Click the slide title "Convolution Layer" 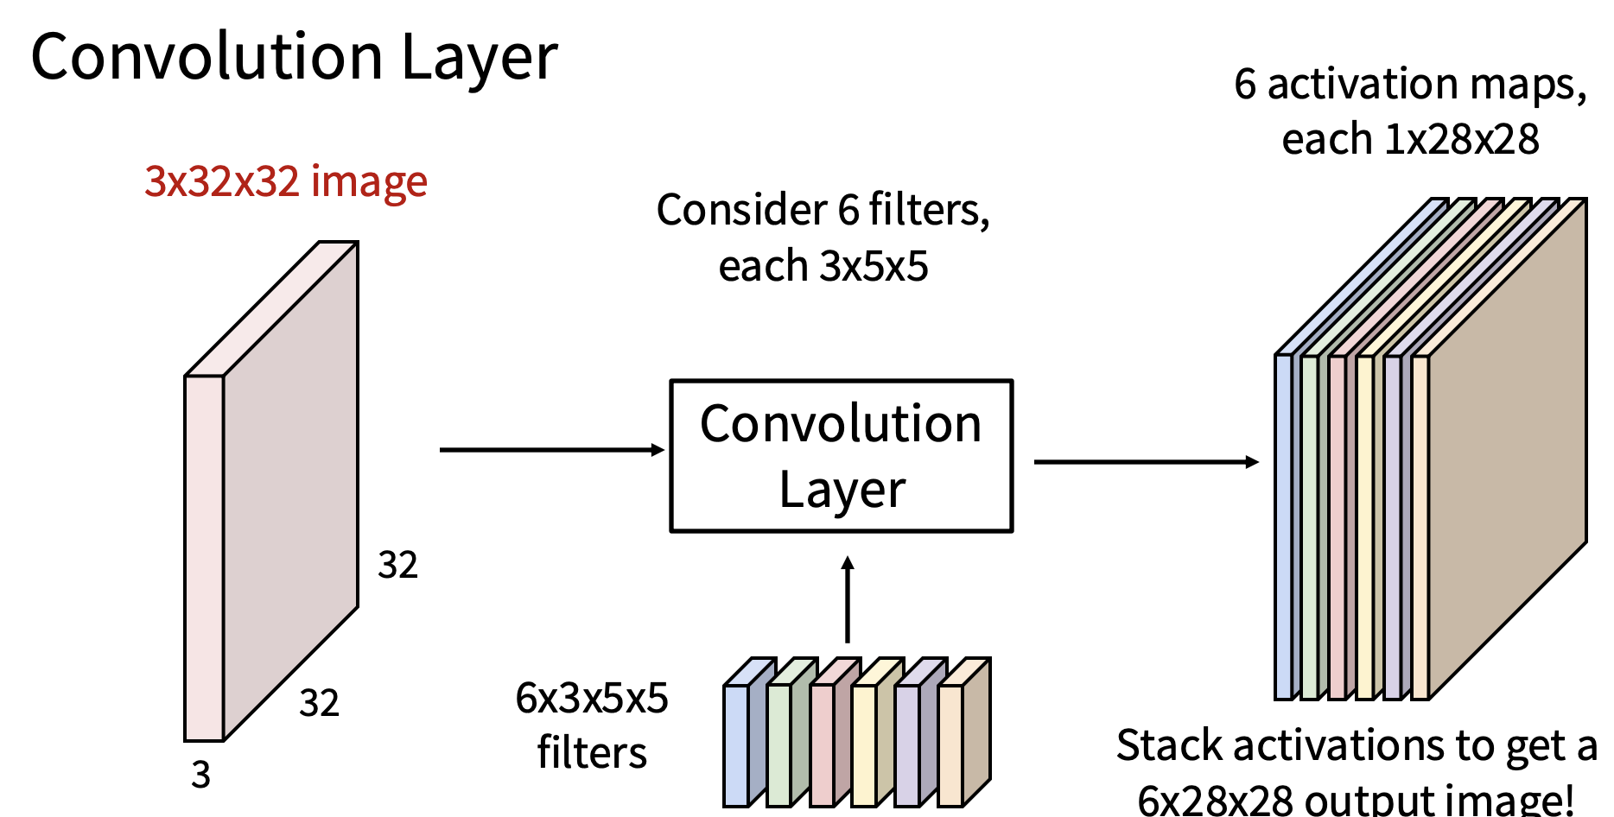pyautogui.click(x=294, y=57)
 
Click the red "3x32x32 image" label pyautogui.click(x=286, y=181)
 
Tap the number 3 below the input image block pyautogui.click(x=200, y=775)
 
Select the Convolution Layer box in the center pyautogui.click(x=841, y=456)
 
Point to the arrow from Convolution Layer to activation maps pyautogui.click(x=1146, y=462)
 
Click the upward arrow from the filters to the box pyautogui.click(x=848, y=600)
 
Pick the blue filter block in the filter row pyautogui.click(x=736, y=744)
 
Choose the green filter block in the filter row pyautogui.click(x=779, y=744)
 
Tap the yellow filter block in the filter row pyautogui.click(x=864, y=744)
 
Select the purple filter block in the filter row pyautogui.click(x=907, y=744)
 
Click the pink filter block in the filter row pyautogui.click(x=822, y=744)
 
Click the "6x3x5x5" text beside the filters pyautogui.click(x=592, y=698)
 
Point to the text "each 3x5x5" pyautogui.click(x=823, y=266)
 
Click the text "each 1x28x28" pyautogui.click(x=1410, y=139)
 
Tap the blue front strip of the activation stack pyautogui.click(x=1284, y=527)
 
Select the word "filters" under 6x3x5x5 pyautogui.click(x=592, y=752)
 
